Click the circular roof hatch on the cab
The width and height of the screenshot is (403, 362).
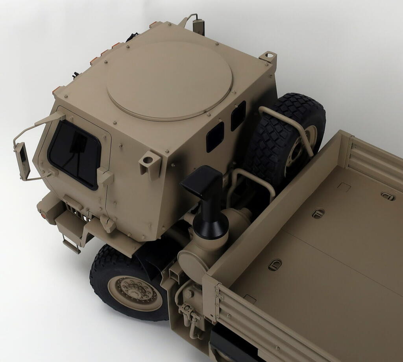[169, 81]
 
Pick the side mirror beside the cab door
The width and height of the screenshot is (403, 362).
[22, 161]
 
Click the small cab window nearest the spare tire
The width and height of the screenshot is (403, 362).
[238, 115]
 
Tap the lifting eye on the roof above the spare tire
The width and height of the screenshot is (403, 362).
[269, 56]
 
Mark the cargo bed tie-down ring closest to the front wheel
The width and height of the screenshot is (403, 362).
[275, 264]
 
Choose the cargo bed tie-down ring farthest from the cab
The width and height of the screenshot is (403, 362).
[388, 196]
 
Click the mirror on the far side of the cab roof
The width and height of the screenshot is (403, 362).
[199, 26]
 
